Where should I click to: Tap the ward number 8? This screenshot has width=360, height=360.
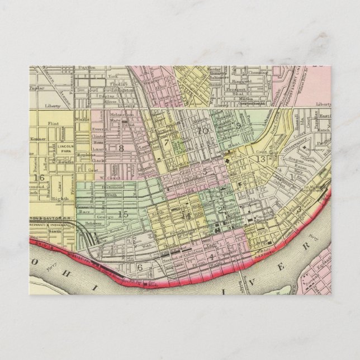point(120,148)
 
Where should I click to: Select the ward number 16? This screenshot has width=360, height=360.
point(39,178)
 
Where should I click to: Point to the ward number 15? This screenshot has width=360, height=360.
point(124,213)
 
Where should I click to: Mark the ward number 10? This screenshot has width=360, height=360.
point(202,131)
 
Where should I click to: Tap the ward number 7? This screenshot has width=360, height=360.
point(166,143)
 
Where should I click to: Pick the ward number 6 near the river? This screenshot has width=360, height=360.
point(140,267)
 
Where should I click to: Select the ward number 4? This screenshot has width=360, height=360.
point(212,257)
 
